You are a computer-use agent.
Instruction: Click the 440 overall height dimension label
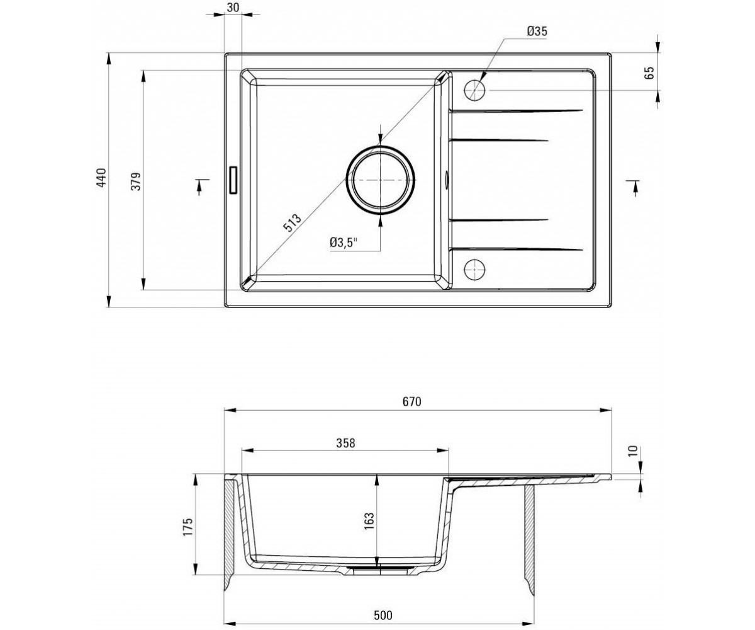click(101, 178)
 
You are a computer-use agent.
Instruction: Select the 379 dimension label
click(136, 181)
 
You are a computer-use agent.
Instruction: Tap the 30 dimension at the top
click(233, 7)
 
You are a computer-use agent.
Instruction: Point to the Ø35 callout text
click(537, 31)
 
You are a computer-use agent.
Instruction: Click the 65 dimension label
click(650, 73)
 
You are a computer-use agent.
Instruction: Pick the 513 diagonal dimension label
click(292, 222)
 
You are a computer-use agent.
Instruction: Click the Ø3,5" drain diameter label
click(343, 242)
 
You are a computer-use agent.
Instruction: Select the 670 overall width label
click(412, 401)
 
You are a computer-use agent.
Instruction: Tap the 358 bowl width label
click(345, 443)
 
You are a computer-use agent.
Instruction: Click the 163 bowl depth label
click(369, 522)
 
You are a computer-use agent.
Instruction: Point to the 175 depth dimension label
click(187, 527)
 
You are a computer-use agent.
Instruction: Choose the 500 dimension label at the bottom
click(383, 605)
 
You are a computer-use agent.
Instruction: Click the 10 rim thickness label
click(632, 451)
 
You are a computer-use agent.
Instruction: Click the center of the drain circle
click(380, 180)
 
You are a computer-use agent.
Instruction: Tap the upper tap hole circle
click(474, 90)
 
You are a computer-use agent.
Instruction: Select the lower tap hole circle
click(474, 269)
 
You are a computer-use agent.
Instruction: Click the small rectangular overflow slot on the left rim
click(233, 180)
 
